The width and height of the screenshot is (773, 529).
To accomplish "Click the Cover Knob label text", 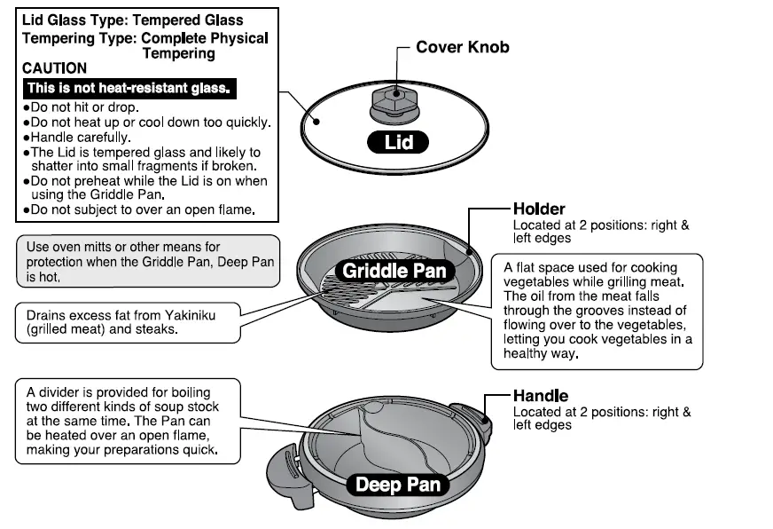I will (x=463, y=47).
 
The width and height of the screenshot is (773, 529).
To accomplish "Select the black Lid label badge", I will (x=399, y=142).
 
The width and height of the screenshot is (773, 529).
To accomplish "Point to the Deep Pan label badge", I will (x=397, y=485).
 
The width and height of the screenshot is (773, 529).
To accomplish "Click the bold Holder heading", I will (x=539, y=209).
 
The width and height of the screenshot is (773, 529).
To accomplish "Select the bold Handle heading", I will (x=541, y=396).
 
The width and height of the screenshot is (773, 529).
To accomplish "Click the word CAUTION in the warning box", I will (x=55, y=68).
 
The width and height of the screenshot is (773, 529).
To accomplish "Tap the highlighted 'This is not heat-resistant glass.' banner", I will (x=129, y=88).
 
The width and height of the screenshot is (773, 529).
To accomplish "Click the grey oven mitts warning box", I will (x=147, y=261).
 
